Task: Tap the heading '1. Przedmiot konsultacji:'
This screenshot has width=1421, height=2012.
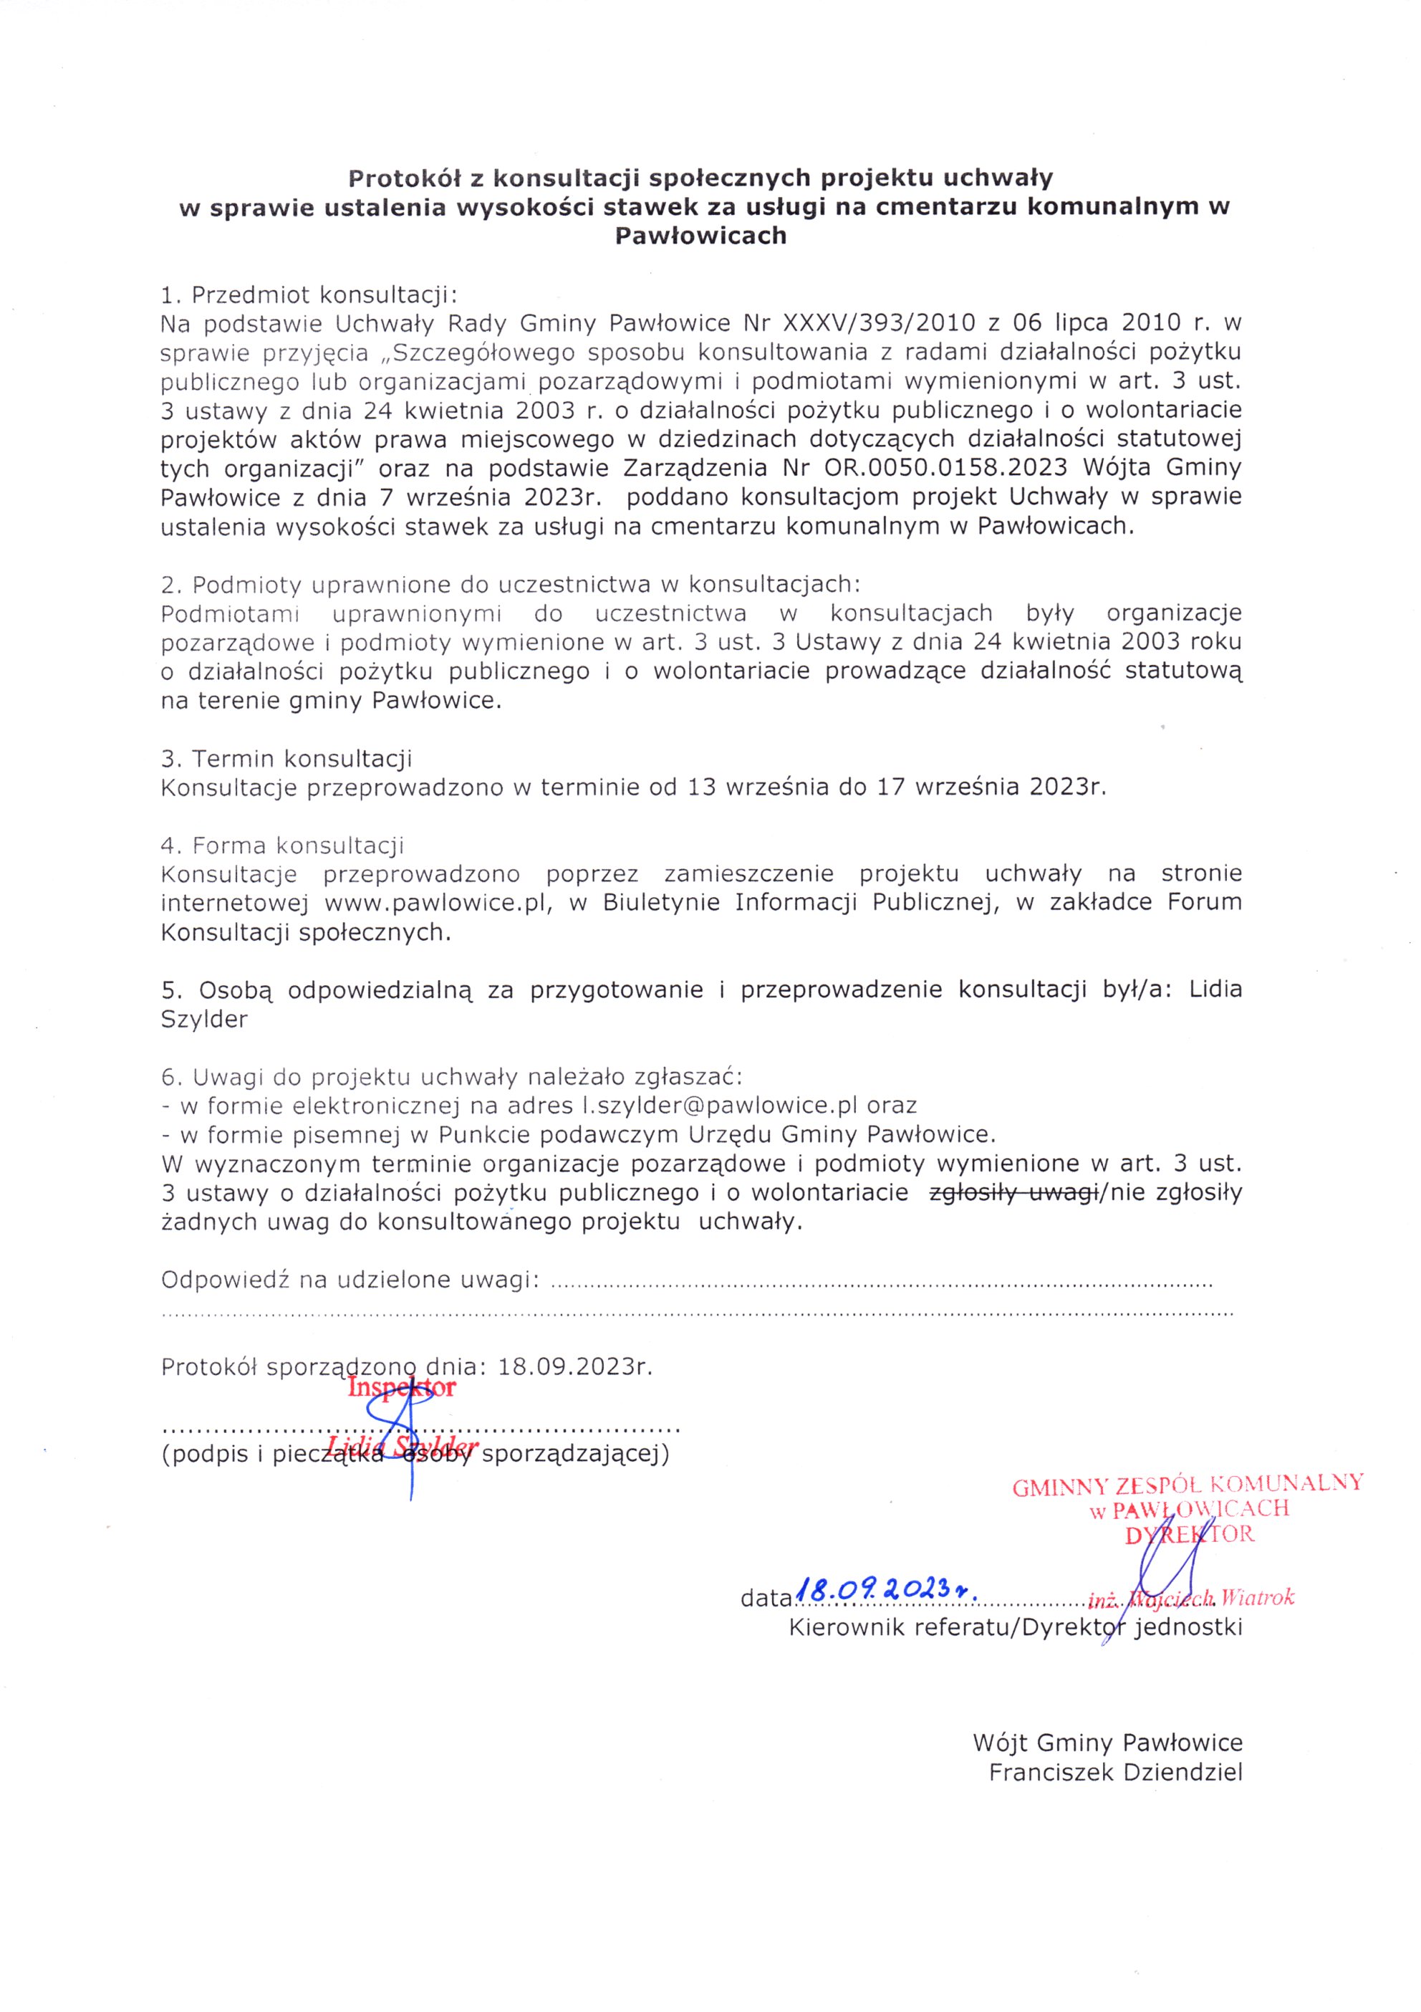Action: pyautogui.click(x=309, y=294)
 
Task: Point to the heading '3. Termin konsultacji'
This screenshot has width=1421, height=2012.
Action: pyautogui.click(x=286, y=758)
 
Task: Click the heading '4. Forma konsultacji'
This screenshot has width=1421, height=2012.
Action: pyautogui.click(x=282, y=845)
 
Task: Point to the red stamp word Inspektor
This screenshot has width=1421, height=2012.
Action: pyautogui.click(x=401, y=1388)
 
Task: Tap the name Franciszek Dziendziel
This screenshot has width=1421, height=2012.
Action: pyautogui.click(x=1115, y=1772)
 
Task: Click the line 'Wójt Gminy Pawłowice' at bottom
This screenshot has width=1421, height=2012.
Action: pyautogui.click(x=1107, y=1742)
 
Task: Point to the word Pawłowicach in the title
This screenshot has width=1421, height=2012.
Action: pyautogui.click(x=701, y=236)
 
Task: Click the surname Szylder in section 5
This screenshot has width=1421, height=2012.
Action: pyautogui.click(x=204, y=1019)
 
